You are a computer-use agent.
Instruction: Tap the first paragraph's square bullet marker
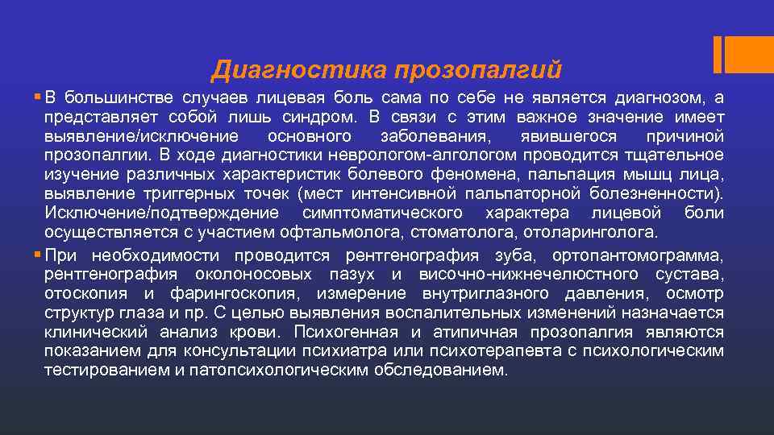(x=39, y=97)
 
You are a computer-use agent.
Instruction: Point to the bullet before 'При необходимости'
(x=39, y=255)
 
